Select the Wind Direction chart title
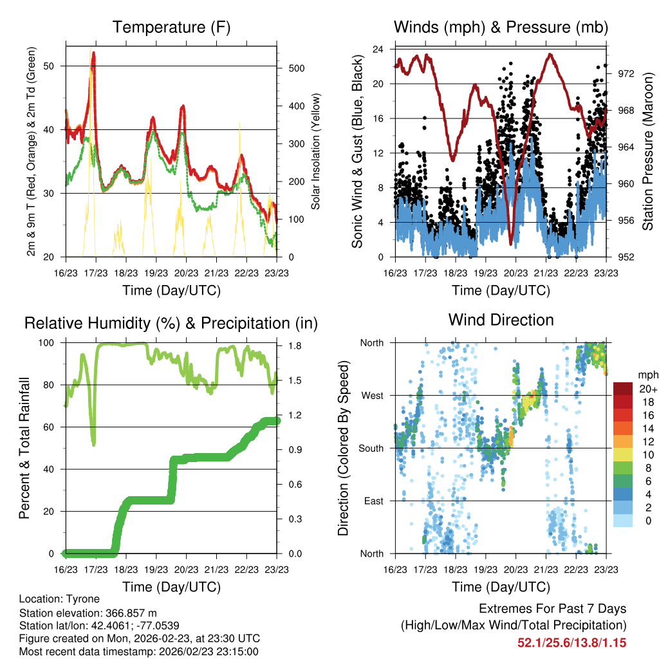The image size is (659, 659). [501, 319]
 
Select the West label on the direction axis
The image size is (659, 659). [371, 395]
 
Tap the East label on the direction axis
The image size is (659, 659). [373, 501]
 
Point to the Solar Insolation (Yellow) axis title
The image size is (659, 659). [316, 152]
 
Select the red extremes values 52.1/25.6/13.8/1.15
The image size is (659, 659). [571, 642]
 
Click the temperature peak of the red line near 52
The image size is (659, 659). [94, 53]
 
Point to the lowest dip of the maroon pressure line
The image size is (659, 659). [511, 244]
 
